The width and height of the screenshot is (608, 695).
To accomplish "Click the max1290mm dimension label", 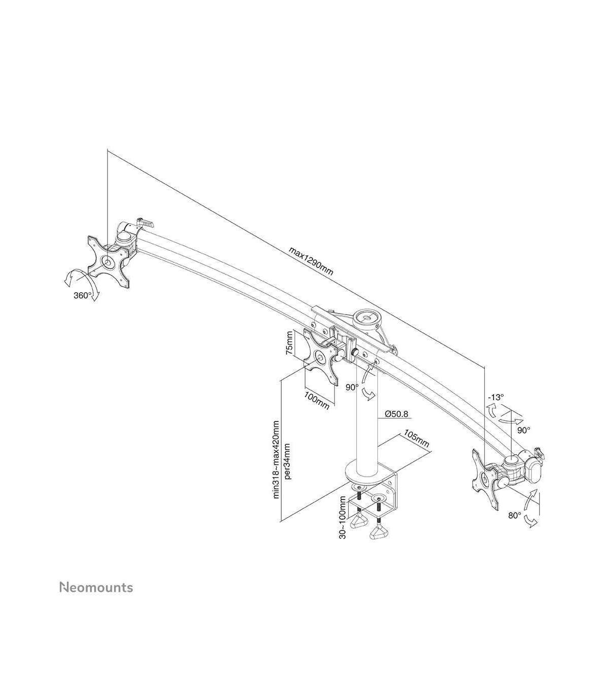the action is (311, 261).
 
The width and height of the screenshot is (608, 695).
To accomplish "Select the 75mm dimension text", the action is (289, 343).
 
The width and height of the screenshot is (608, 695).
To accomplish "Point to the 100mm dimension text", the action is (317, 401).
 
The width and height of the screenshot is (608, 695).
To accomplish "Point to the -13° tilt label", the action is (496, 397).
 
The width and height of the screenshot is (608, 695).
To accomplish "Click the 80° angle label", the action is (515, 525).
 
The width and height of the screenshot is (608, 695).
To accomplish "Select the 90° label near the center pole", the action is (352, 387).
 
